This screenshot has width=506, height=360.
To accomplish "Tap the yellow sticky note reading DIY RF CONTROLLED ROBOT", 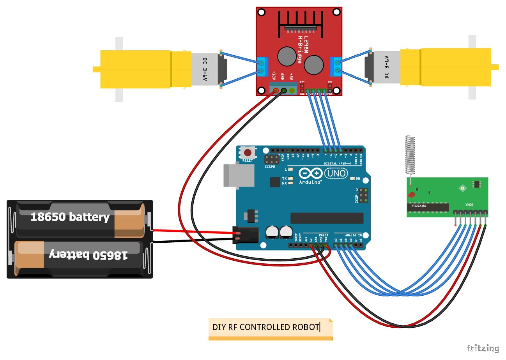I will (x=271, y=327).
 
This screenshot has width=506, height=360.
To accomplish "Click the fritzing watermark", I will (x=483, y=348).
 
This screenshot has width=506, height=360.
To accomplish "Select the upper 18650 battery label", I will (x=70, y=217).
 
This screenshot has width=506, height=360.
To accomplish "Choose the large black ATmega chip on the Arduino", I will (x=327, y=218).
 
